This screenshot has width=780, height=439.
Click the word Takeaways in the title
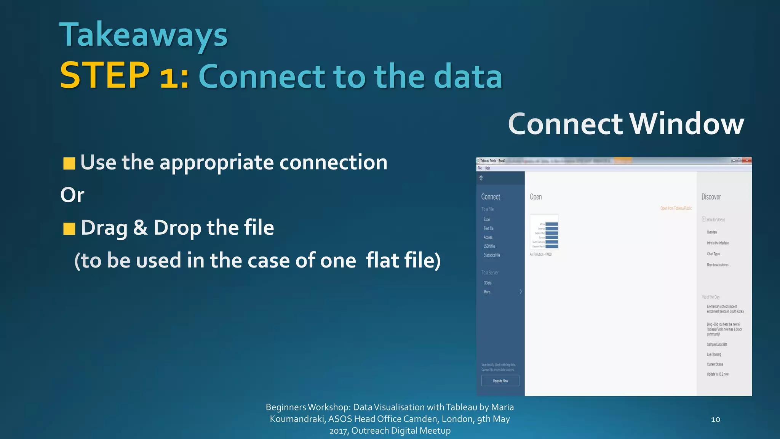click(143, 35)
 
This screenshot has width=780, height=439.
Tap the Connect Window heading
click(626, 124)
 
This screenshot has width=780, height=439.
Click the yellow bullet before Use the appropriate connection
click(69, 163)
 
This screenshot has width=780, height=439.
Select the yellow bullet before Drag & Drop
click(69, 229)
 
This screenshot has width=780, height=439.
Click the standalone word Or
click(72, 195)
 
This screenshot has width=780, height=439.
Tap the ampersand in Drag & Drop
click(140, 228)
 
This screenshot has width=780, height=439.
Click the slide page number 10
click(715, 419)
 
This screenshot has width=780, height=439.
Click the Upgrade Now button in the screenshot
click(500, 381)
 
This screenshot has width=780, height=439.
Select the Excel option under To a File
click(487, 219)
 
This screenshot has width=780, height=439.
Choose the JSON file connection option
click(489, 246)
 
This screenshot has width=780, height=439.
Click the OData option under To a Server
click(487, 283)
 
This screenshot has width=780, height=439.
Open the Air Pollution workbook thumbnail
click(544, 232)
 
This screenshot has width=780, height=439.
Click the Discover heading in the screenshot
click(711, 197)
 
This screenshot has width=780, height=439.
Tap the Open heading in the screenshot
click(535, 197)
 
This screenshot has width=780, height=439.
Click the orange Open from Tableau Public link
click(676, 208)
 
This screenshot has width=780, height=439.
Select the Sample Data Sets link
click(717, 344)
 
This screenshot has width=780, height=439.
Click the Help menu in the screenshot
click(487, 168)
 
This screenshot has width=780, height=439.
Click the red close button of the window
click(747, 160)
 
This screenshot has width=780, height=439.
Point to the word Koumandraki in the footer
click(297, 419)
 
